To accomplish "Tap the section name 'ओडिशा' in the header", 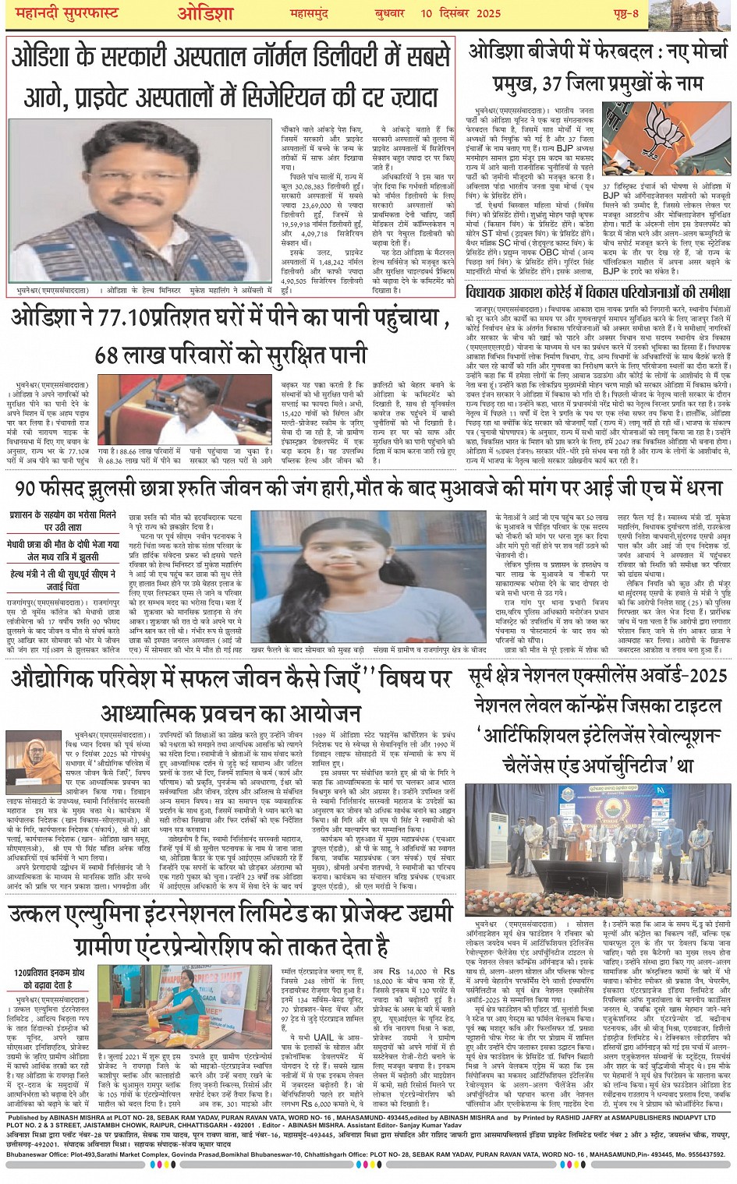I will click(x=205, y=14).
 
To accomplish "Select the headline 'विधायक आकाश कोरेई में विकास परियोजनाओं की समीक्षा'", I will click(x=597, y=294).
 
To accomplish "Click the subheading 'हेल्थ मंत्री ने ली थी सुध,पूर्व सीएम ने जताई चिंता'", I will click(x=62, y=581).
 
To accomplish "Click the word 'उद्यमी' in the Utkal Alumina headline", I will click(x=422, y=915).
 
